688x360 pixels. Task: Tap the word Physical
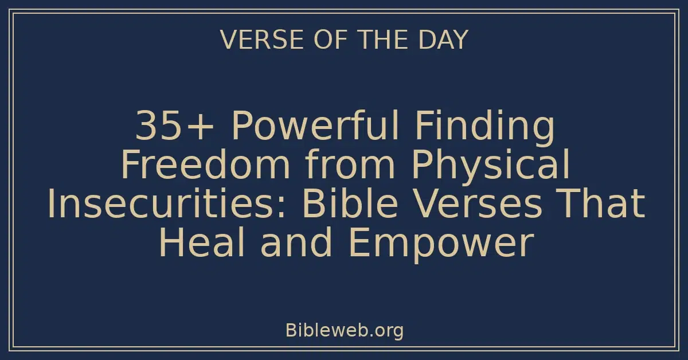click(x=491, y=165)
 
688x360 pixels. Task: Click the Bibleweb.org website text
click(x=344, y=331)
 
